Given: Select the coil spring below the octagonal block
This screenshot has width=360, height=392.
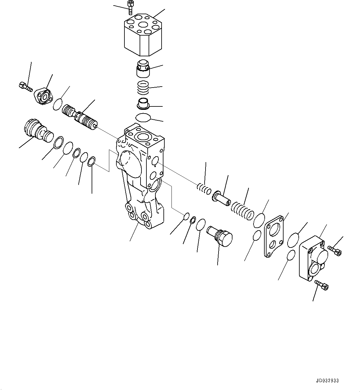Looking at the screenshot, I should coord(143,88).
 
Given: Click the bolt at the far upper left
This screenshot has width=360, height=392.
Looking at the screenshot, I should coord(25,87).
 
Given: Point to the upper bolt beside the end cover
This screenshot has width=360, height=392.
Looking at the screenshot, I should coord(335,250).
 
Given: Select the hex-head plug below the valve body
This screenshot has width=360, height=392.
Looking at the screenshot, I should coord(220,236).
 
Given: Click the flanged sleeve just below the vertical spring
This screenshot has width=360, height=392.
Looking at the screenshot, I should coord(143,103).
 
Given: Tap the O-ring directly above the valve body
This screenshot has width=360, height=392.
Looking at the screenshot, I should coord(143,118).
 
